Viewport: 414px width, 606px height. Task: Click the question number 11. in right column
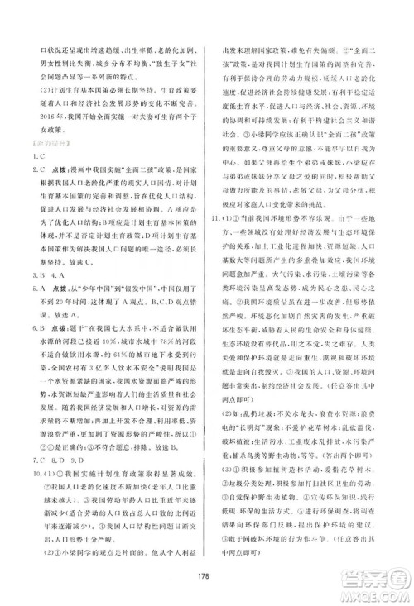tap(219, 221)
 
